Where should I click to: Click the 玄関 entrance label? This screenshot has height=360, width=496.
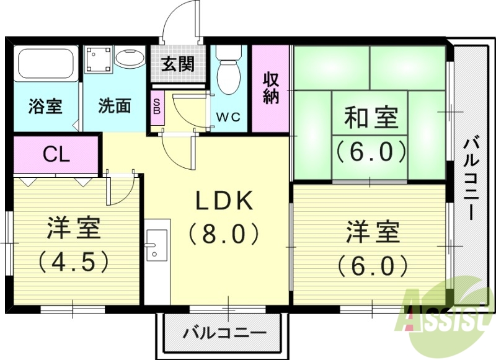[177, 64]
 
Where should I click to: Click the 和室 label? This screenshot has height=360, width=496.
[370, 118]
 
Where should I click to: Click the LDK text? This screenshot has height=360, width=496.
[224, 201]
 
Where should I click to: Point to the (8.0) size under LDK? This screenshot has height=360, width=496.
[224, 234]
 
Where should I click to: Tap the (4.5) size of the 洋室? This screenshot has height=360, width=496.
[73, 261]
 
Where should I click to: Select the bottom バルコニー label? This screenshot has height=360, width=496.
[224, 333]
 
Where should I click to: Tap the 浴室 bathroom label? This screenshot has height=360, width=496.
[45, 106]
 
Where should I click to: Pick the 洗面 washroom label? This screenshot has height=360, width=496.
[115, 106]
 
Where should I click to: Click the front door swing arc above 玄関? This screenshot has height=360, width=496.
[183, 22]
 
